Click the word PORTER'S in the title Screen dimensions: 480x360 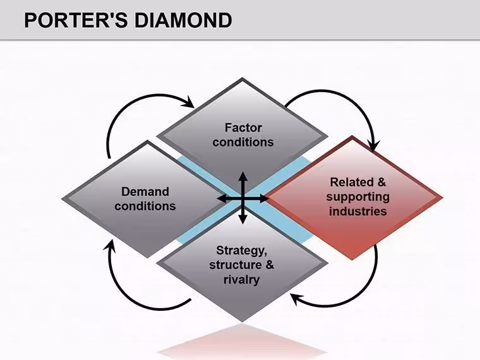(76, 20)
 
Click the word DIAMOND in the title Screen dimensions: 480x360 (183, 20)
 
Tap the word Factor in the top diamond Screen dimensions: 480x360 (243, 128)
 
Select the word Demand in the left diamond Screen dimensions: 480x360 (145, 191)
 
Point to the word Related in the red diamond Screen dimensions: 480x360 (352, 182)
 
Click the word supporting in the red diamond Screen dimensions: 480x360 (358, 197)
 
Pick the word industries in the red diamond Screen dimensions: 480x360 (358, 211)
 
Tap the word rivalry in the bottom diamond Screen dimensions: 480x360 (241, 280)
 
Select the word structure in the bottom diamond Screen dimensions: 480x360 (236, 265)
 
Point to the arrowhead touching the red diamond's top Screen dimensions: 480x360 (373, 146)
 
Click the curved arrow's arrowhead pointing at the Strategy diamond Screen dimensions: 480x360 (296, 299)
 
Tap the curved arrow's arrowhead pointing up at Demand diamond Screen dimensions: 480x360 (110, 246)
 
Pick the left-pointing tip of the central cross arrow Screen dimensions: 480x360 (217, 199)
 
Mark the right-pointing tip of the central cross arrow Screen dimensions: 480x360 (268, 199)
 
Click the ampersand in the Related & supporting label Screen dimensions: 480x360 (381, 182)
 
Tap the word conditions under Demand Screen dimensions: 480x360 (145, 207)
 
